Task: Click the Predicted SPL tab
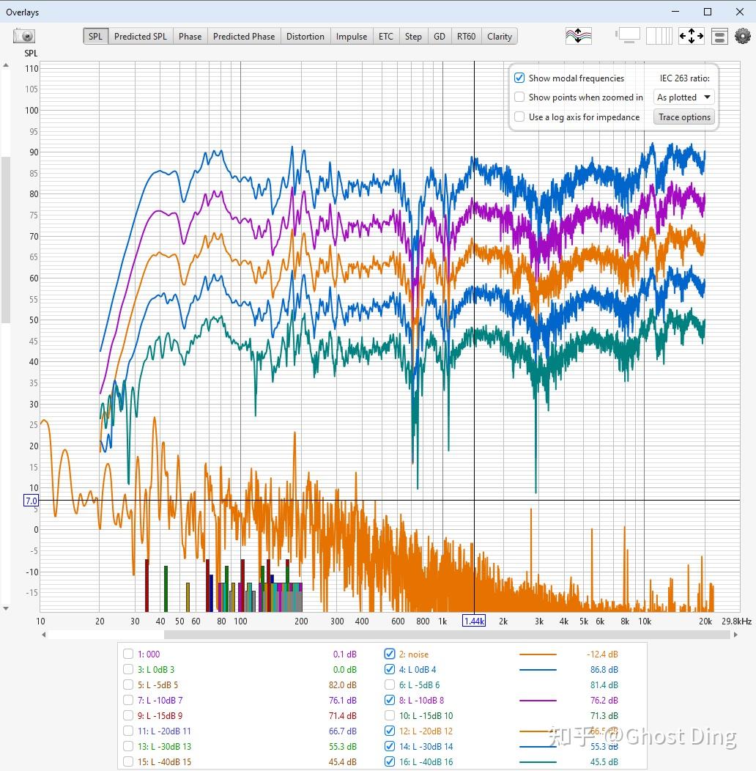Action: (x=140, y=37)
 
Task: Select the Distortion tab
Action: (x=305, y=37)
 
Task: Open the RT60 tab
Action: (x=466, y=37)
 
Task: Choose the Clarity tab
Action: (x=500, y=37)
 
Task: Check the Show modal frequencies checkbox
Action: (x=519, y=78)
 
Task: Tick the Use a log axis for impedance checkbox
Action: (x=519, y=117)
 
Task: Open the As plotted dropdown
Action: (x=684, y=97)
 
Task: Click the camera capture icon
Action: (x=24, y=36)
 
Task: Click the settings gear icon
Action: (x=743, y=36)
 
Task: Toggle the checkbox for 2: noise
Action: (x=390, y=654)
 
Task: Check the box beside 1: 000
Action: (x=128, y=654)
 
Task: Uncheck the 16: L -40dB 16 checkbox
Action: (x=390, y=762)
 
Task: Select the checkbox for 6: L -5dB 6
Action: (x=390, y=685)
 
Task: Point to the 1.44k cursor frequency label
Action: (x=474, y=621)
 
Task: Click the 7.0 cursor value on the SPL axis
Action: (x=31, y=501)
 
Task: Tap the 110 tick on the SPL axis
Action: (x=31, y=69)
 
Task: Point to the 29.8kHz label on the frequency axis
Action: (x=735, y=621)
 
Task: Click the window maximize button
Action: (x=708, y=12)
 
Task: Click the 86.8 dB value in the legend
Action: (x=603, y=670)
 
